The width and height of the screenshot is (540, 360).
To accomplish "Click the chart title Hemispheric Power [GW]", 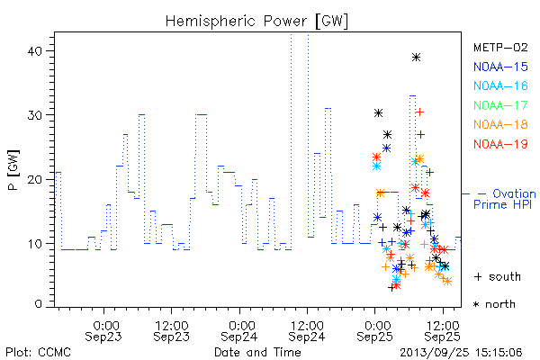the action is [256, 22].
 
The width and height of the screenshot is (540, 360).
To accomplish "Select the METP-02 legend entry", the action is [500, 47].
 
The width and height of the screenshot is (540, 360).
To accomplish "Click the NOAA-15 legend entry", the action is [500, 67].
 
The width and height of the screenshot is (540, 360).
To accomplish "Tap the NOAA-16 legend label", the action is [500, 85].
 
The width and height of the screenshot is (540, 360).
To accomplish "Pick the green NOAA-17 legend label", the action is [500, 105].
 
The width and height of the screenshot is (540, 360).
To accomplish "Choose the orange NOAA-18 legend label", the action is [500, 124].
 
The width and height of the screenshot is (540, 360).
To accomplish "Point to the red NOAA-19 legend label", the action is [500, 144].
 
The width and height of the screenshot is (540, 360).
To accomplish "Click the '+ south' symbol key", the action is [498, 276].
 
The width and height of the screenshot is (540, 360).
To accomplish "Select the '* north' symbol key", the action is [494, 304].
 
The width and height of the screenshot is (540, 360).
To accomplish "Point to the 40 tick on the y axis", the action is [34, 51].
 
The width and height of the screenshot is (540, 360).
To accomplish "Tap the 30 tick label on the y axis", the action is [34, 115].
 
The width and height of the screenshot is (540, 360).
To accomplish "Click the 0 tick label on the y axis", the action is [38, 304].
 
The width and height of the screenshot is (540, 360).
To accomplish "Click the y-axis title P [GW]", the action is [13, 170].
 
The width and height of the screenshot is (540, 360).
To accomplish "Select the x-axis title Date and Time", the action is [257, 352].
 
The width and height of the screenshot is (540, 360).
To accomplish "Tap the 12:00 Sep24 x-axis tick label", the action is [307, 330].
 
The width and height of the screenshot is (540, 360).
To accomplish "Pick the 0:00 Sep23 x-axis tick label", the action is [103, 330].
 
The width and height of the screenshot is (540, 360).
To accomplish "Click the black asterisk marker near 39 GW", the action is [416, 58].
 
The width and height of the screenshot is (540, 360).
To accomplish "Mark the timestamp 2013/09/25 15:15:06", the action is [461, 353].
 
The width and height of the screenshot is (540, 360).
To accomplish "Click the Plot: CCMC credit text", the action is [38, 353].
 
